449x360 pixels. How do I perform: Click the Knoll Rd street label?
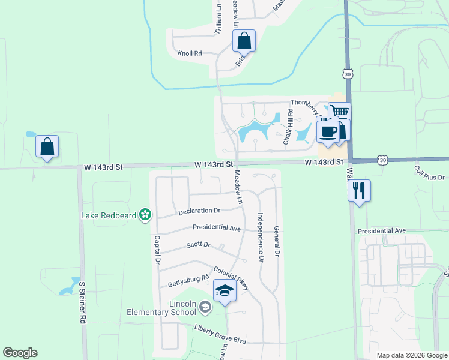click(190, 53)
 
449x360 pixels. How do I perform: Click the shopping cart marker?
click(339, 112)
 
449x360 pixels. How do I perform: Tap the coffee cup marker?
click(328, 131)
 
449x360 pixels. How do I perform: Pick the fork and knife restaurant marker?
click(359, 191)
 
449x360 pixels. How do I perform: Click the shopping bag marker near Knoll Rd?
click(244, 41)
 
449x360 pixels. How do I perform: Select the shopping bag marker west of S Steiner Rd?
click(47, 146)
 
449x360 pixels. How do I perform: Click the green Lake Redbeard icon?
click(145, 214)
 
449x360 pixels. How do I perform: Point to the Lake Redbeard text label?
click(109, 215)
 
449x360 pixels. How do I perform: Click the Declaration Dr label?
click(200, 211)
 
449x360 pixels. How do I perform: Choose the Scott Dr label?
click(198, 245)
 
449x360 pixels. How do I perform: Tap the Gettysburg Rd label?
click(188, 278)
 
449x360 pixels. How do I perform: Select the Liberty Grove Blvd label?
click(220, 334)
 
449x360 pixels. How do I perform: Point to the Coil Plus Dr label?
click(429, 178)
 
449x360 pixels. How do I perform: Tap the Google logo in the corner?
click(20, 353)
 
